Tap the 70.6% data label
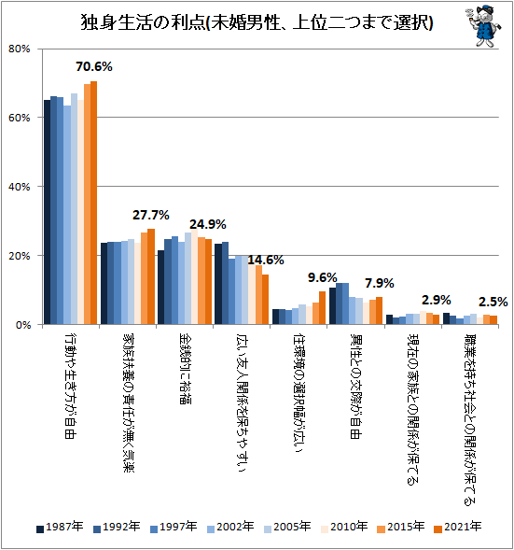(95, 66)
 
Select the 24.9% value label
(208, 224)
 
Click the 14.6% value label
(265, 260)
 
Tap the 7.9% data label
(378, 283)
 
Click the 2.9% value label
(437, 300)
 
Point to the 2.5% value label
(493, 302)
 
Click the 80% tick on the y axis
(21, 49)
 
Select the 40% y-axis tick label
(21, 187)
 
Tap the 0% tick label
(23, 325)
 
